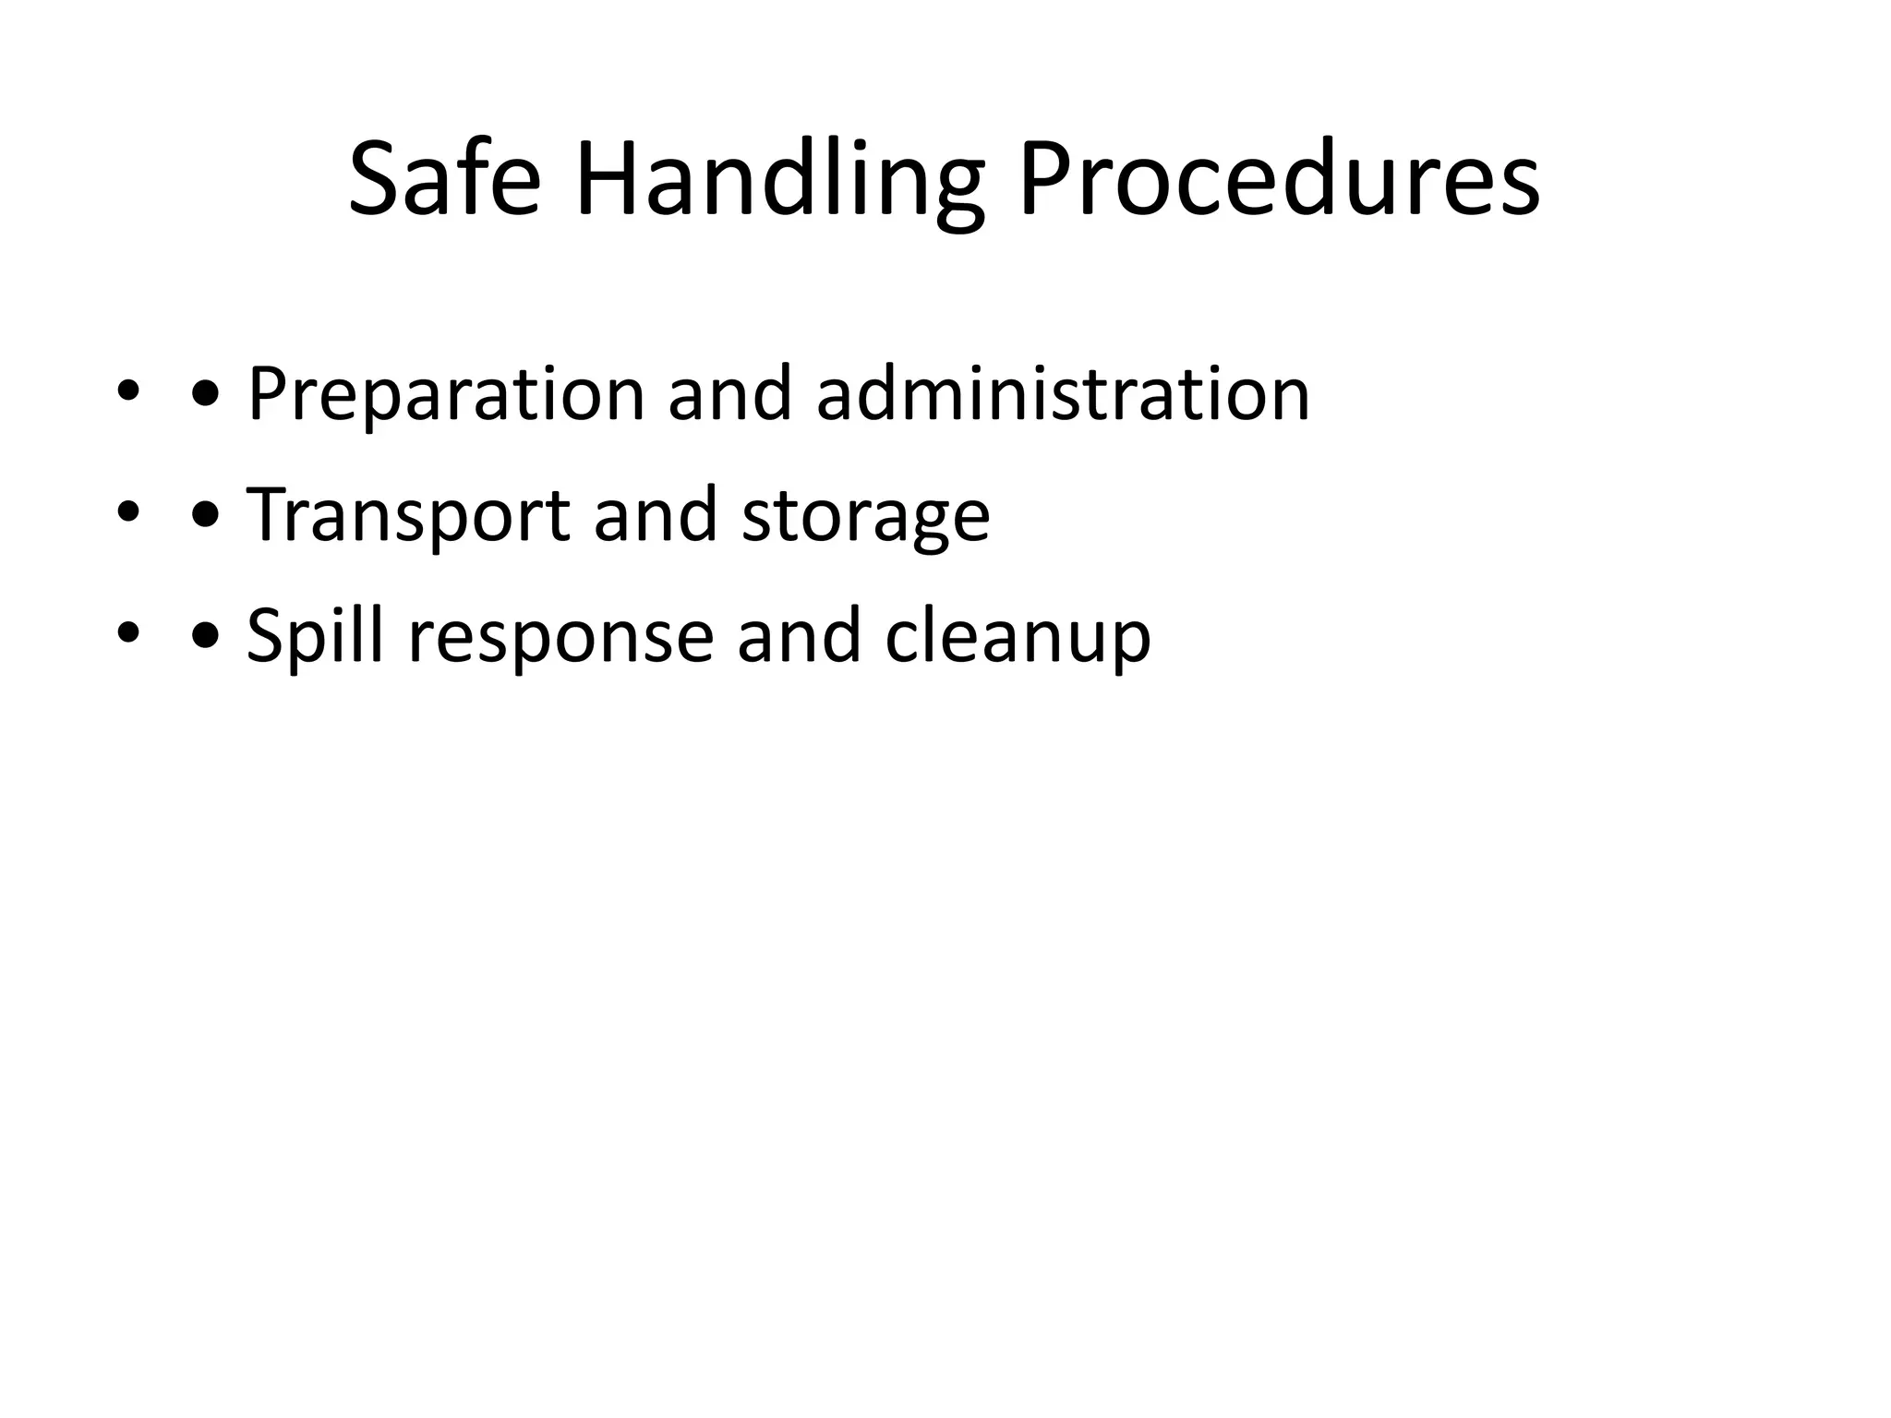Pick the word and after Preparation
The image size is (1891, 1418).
(729, 394)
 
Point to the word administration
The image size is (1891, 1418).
(1063, 394)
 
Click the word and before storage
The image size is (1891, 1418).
(655, 514)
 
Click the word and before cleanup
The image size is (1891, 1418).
(799, 635)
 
